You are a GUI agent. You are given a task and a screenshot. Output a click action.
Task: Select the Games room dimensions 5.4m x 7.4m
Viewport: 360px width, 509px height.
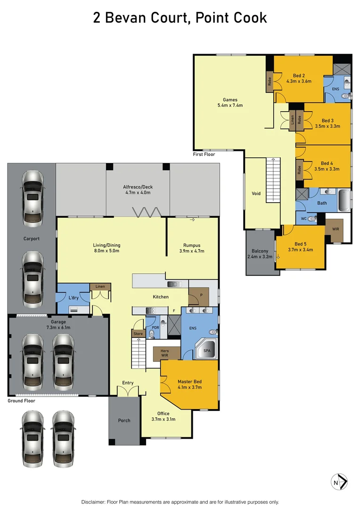tap(230, 106)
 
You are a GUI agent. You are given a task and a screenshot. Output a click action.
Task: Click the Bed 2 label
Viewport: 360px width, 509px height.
tap(299, 75)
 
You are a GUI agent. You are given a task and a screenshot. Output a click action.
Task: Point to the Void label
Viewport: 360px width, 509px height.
tap(256, 194)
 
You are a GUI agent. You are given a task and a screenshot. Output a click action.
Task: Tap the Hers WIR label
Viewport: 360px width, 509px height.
tap(164, 353)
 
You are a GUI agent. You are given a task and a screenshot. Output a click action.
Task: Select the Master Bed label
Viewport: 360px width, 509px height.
tap(189, 381)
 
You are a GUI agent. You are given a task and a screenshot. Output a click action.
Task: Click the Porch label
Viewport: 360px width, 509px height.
tap(124, 420)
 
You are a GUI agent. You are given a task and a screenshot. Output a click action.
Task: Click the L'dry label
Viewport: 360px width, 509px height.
tap(73, 299)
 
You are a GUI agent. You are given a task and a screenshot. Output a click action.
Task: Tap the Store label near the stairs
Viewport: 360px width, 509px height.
tap(138, 334)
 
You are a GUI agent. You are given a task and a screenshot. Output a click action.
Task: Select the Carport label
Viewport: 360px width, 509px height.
tap(32, 238)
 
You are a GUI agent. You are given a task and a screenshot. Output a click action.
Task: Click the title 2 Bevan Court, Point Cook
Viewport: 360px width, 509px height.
tap(180, 18)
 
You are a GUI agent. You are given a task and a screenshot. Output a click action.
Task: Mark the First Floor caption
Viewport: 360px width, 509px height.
tap(204, 154)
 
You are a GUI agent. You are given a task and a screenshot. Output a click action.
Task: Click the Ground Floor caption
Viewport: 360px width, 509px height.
tap(21, 401)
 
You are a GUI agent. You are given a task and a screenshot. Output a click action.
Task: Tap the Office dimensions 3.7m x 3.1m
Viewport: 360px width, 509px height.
tap(163, 419)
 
